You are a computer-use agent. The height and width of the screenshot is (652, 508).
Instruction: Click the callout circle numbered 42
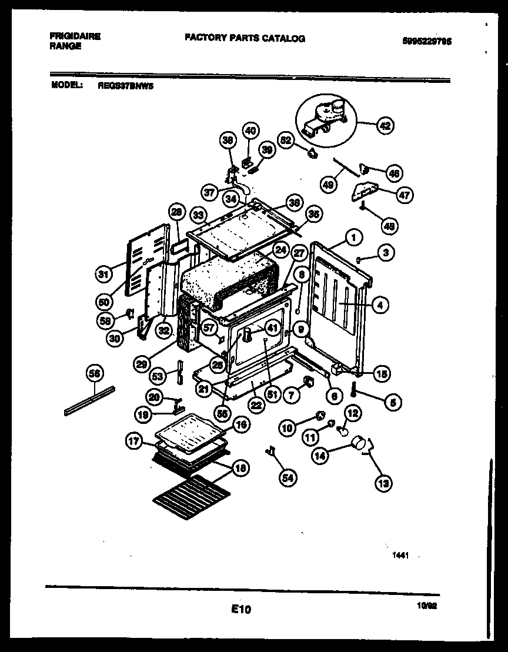click(386, 125)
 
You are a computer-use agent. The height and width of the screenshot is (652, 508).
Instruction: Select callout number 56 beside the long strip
click(95, 373)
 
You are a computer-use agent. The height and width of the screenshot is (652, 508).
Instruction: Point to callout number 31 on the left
click(104, 274)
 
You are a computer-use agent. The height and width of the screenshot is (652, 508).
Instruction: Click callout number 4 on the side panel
click(380, 305)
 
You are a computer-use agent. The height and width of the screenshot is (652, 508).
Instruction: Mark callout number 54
click(287, 478)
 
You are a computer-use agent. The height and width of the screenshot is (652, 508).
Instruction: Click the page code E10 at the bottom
click(241, 610)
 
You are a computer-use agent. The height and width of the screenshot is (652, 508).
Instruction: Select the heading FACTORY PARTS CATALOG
click(245, 38)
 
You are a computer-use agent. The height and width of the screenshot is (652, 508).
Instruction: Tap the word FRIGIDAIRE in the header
click(75, 36)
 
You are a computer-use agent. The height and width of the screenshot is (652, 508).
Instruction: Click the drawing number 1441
click(400, 554)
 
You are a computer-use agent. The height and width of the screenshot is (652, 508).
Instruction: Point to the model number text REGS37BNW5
click(122, 84)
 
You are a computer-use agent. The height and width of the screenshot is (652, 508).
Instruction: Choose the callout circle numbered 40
click(250, 131)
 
